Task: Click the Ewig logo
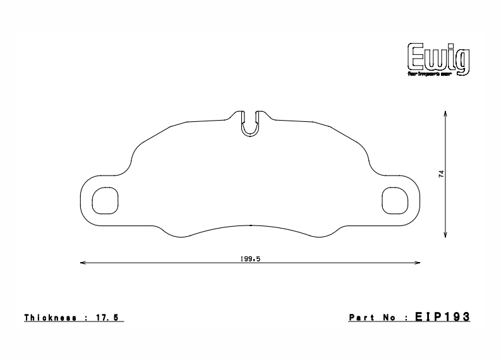(x=438, y=57)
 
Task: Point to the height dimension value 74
(x=442, y=174)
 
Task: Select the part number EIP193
(x=442, y=317)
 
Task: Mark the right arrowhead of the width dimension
(x=419, y=262)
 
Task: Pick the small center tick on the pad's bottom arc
(x=251, y=225)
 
